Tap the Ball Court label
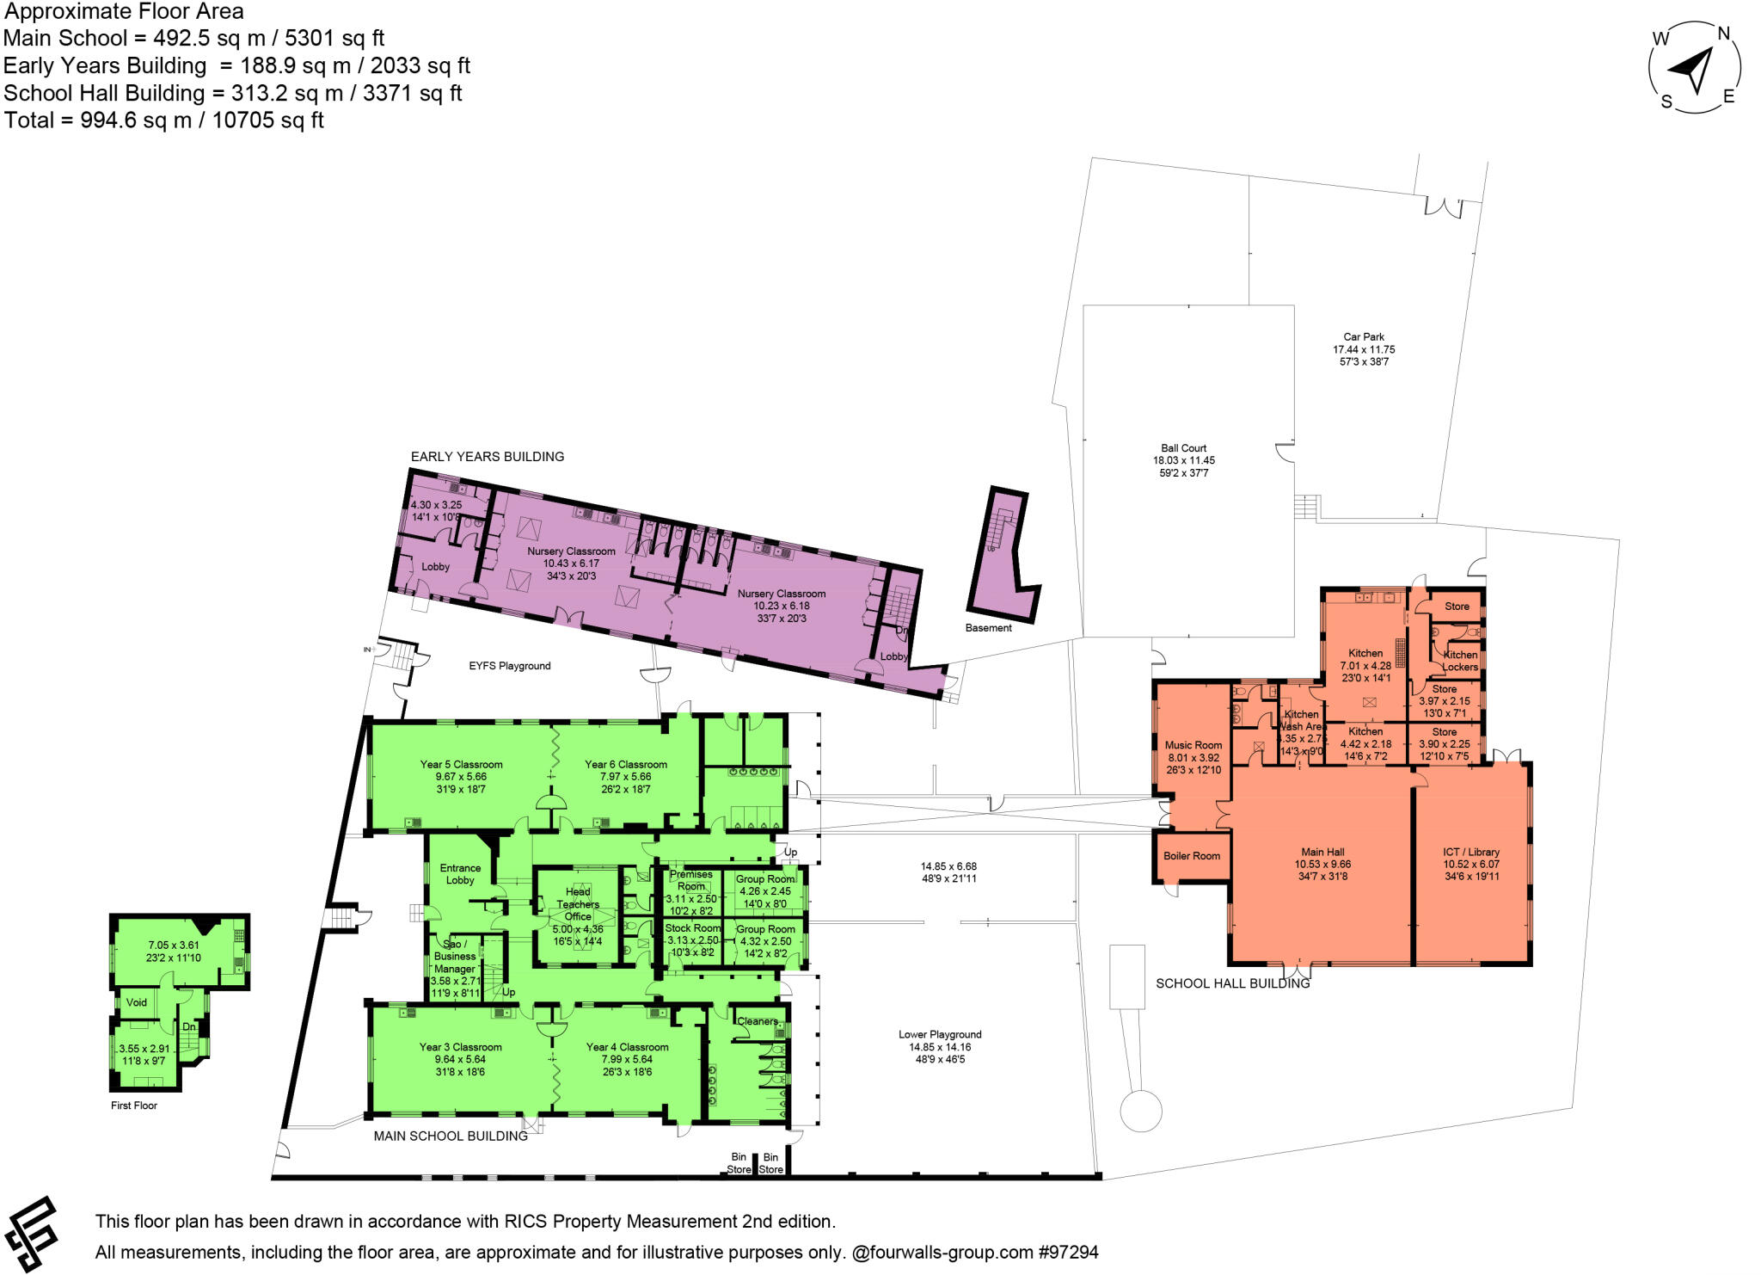coord(1183,448)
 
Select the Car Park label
coord(1364,337)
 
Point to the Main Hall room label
coord(1322,853)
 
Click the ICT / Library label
coord(1470,853)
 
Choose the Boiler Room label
coord(1191,856)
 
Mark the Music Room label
coord(1193,746)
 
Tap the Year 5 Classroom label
coord(461,764)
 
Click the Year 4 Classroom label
coord(627,1047)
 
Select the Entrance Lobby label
coord(460,874)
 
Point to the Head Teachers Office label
coord(578,904)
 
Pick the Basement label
coord(988,628)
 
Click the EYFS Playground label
coord(509,666)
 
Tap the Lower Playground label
coord(940,1035)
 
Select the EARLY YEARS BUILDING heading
coord(487,457)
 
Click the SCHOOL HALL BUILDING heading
coord(1232,983)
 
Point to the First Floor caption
coord(134,1106)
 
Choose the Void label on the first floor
coord(137,1002)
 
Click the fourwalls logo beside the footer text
coord(32,1235)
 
